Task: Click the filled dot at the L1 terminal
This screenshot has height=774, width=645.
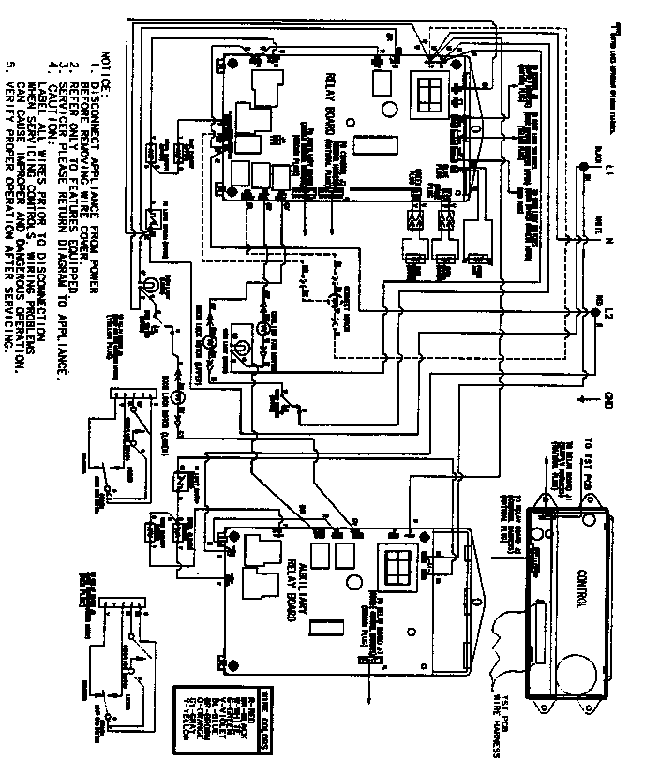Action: [x=581, y=172]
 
